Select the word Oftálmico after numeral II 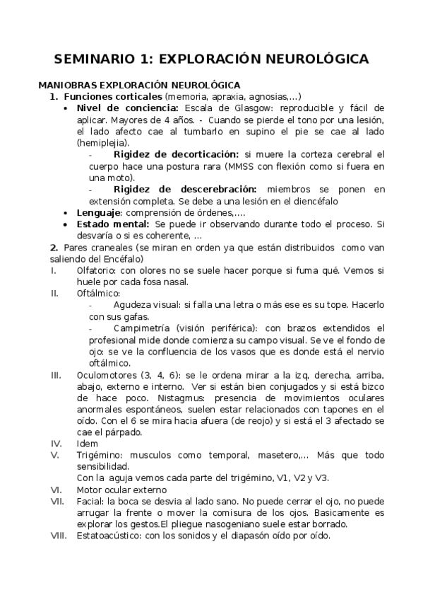(x=98, y=293)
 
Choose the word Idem (x=88, y=443)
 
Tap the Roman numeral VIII (x=59, y=536)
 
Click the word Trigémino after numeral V (x=100, y=454)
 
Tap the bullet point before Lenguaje (x=66, y=212)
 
